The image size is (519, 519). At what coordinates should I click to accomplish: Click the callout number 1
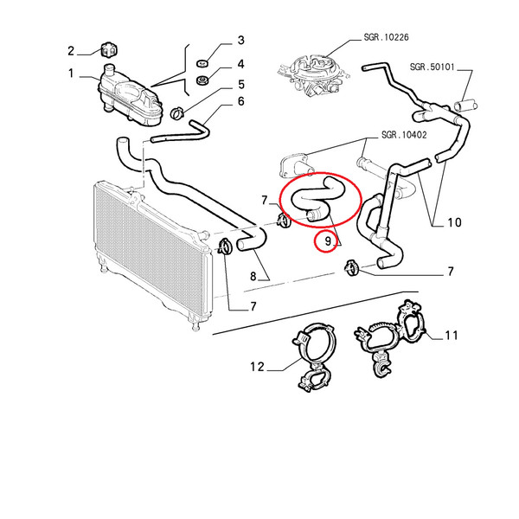(x=71, y=74)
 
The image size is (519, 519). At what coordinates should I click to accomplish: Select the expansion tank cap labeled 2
(x=109, y=50)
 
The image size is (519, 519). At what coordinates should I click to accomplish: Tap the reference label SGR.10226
(x=386, y=37)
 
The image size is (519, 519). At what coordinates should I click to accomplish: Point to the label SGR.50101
(x=432, y=67)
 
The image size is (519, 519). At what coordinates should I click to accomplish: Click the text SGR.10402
(x=404, y=135)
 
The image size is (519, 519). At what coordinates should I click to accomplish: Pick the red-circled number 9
(x=328, y=241)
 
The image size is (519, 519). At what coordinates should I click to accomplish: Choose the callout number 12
(x=257, y=367)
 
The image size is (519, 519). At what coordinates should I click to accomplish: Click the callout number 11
(x=452, y=336)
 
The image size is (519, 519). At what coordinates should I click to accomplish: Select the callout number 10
(x=454, y=222)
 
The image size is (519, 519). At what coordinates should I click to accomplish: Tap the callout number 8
(x=253, y=276)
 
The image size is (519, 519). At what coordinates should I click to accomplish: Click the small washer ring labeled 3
(x=202, y=63)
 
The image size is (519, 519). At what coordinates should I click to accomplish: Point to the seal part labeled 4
(x=202, y=80)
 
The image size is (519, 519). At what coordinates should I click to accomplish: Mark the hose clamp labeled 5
(x=177, y=113)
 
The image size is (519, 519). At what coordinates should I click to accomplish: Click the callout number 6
(x=241, y=101)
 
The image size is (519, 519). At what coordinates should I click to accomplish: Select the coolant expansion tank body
(x=130, y=96)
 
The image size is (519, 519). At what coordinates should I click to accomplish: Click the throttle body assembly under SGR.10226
(x=313, y=76)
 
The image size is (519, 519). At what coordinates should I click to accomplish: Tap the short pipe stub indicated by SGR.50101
(x=465, y=106)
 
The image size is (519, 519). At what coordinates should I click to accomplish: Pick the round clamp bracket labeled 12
(x=316, y=356)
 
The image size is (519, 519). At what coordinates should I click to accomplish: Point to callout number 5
(x=241, y=85)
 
